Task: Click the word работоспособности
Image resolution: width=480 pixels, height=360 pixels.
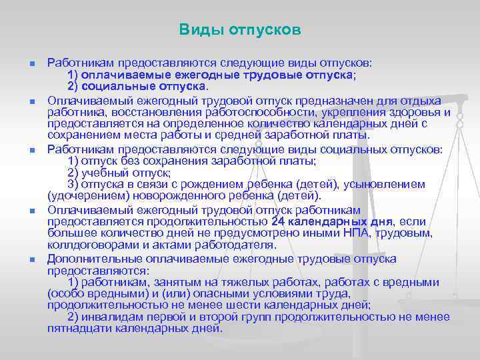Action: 248,112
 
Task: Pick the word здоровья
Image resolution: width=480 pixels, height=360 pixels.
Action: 419,112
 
